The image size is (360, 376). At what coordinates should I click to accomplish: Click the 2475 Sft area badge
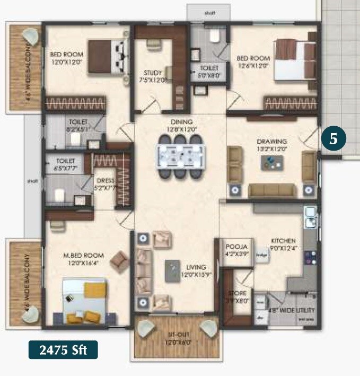point(63,350)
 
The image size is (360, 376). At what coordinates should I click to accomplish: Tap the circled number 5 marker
point(333,139)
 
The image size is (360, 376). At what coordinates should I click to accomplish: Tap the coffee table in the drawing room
point(271,162)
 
